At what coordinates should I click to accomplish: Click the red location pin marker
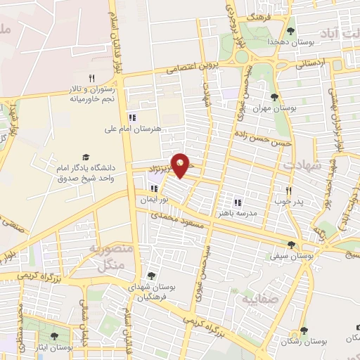coord(181,165)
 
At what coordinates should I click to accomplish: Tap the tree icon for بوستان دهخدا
coord(290,32)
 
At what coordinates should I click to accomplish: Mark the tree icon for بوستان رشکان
coord(304,330)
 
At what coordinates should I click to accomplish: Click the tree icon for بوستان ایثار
coord(55,337)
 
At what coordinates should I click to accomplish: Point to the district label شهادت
coord(302,165)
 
